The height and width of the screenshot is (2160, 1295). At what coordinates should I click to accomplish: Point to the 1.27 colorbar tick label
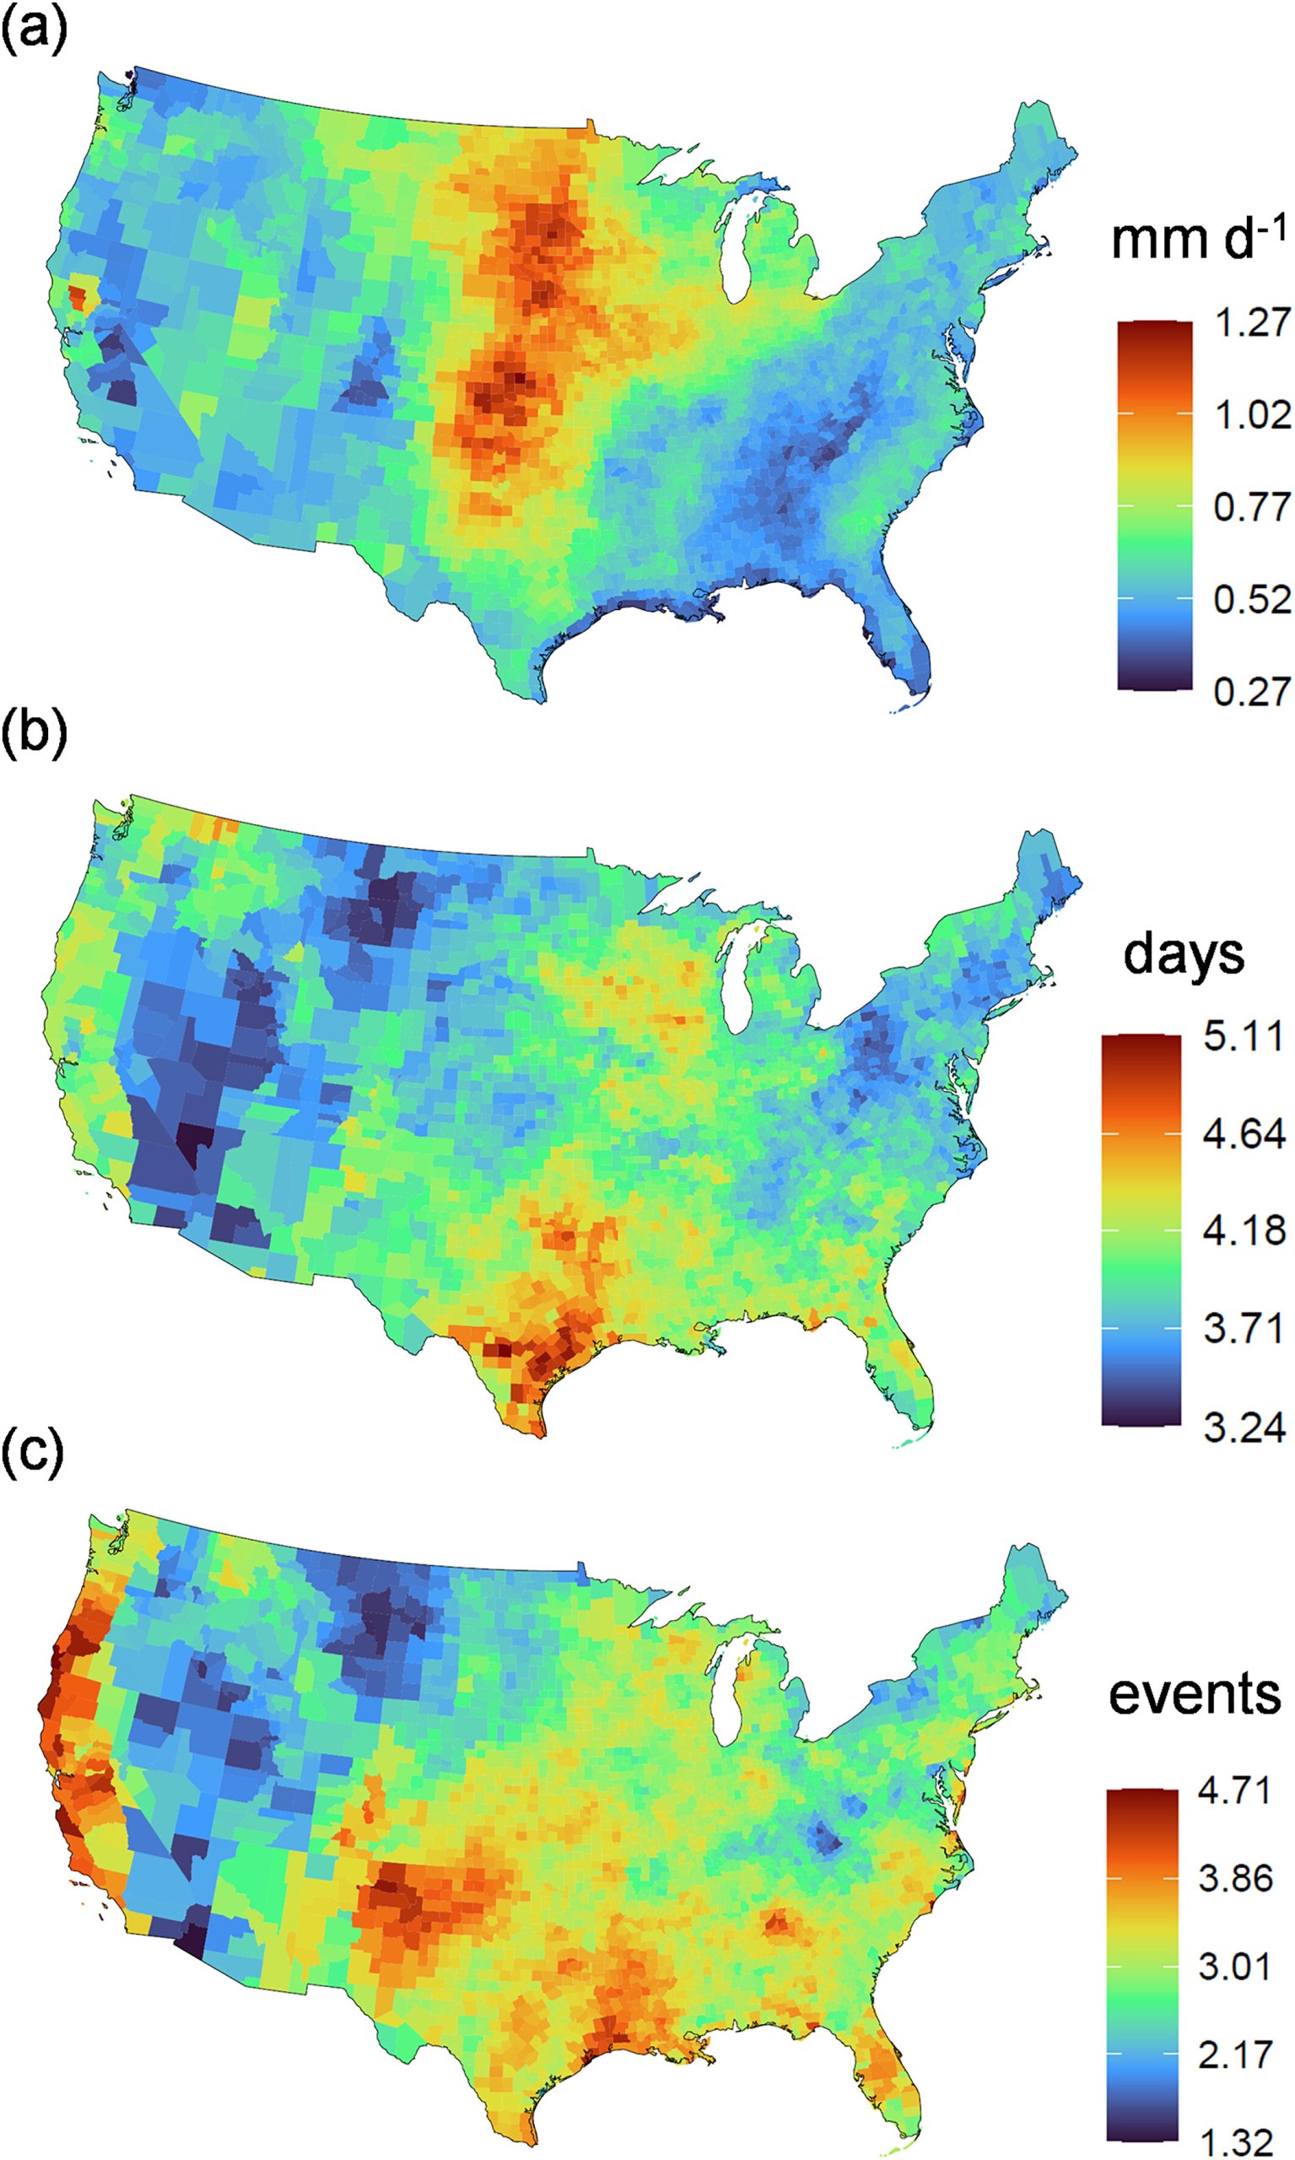click(1251, 322)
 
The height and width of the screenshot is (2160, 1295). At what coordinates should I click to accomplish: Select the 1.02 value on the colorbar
click(1251, 414)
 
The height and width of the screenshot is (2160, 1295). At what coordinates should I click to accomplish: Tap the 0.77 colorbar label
click(1251, 507)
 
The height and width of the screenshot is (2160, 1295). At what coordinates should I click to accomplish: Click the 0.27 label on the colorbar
click(1251, 691)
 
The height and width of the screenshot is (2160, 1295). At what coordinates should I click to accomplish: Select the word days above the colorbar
click(1184, 954)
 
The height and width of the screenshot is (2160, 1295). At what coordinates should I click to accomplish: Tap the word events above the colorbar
click(1194, 1693)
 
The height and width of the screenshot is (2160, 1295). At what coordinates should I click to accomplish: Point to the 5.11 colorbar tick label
click(1243, 1037)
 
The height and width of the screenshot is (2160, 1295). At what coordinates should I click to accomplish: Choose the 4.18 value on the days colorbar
click(1243, 1230)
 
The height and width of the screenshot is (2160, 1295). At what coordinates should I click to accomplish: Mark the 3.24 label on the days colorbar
click(1243, 1428)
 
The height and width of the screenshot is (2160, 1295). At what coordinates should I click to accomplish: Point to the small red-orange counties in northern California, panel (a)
click(77, 295)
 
